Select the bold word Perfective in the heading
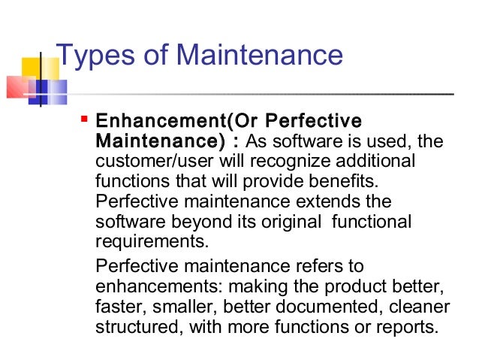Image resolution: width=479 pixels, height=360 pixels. click(315, 121)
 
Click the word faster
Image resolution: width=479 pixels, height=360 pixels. click(120, 307)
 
